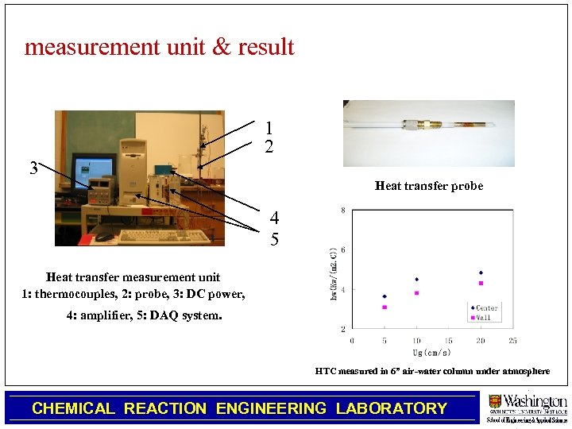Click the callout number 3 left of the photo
33,168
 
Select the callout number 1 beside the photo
269,128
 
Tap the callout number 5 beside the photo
274,238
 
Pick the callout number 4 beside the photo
274,218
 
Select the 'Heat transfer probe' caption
429,186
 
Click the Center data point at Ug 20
481,272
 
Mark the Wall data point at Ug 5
385,307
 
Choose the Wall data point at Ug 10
416,292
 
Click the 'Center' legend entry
486,308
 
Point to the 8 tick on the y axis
342,211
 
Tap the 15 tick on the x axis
448,341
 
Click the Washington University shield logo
495,402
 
